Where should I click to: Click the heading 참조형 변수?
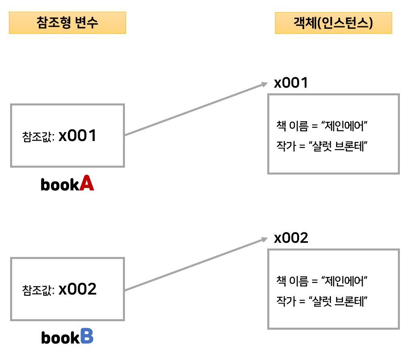pos(67,23)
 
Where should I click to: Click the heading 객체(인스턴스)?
pos(333,23)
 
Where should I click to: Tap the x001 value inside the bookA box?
pos(78,136)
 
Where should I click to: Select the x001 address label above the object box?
pos(291,83)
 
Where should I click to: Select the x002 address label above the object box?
pos(291,238)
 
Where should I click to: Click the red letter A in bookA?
pos(87,183)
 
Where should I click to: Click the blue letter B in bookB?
pos(87,337)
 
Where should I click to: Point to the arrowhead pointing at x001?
pos(265,84)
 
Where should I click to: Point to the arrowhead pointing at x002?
pos(265,239)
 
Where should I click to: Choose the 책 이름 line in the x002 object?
pos(321,280)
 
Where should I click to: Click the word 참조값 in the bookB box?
pos(38,291)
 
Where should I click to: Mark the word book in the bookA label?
pos(59,185)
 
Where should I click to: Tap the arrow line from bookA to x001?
pos(194,109)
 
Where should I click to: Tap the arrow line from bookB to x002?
pos(194,264)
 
